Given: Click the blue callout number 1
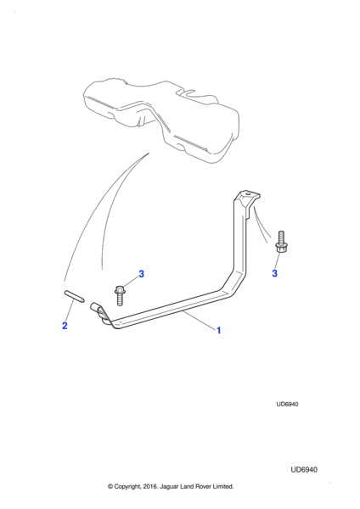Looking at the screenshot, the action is (x=219, y=331).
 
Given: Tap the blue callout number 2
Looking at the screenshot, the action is (x=65, y=325).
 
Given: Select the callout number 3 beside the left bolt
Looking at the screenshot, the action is (x=141, y=274).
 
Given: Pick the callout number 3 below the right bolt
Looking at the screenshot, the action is (x=274, y=273).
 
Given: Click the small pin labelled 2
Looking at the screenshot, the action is (x=75, y=296).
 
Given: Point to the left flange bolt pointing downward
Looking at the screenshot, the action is (x=119, y=295).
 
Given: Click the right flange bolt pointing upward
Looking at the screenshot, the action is (x=281, y=242).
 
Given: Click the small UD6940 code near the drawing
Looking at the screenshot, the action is (x=287, y=404).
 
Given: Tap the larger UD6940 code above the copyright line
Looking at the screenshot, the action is (x=304, y=470).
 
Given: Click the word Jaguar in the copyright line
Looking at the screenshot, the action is (x=168, y=487).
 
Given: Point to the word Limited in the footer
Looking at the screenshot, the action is (x=223, y=487).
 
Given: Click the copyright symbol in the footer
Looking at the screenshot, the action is (x=110, y=487).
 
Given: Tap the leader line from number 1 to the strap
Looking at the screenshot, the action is (x=199, y=321).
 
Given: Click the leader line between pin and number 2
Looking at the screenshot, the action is (x=70, y=311).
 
